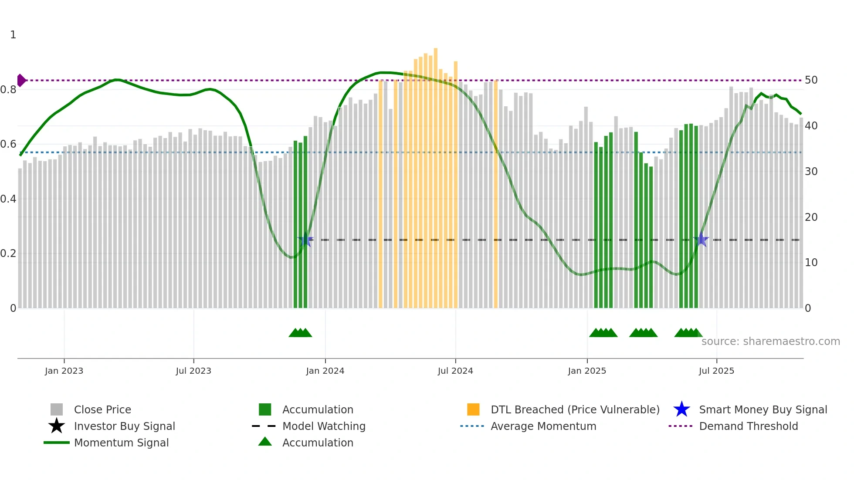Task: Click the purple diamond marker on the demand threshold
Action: coord(21,81)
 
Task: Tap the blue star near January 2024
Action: coord(305,240)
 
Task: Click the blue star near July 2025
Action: coord(701,240)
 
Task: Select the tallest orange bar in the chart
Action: coord(435,174)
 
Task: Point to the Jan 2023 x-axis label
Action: coord(64,371)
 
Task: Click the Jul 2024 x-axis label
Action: coord(455,371)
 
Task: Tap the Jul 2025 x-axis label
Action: coord(716,371)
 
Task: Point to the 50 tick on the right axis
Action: coord(811,80)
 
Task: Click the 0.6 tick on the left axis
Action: coord(8,144)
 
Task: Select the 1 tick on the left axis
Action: coord(13,35)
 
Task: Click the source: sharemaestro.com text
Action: coord(770,341)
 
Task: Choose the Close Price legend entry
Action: coord(102,409)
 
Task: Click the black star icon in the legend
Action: coord(57,426)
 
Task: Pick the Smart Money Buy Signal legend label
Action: coord(763,409)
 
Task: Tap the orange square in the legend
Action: coord(473,409)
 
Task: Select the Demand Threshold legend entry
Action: coord(748,426)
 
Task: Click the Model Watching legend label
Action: coord(324,426)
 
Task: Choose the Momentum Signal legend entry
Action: coord(121,443)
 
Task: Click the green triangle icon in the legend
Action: coord(265,442)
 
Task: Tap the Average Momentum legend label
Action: coord(543,426)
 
